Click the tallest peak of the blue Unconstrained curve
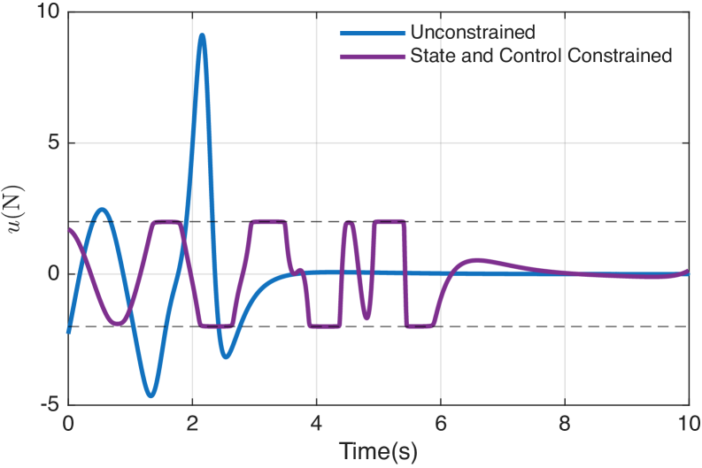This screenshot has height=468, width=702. coord(203,35)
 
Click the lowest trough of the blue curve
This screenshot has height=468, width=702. coord(151,395)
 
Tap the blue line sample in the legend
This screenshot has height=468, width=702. coord(372,34)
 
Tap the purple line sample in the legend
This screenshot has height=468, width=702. coord(372,55)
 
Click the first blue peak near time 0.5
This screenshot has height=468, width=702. coord(102,210)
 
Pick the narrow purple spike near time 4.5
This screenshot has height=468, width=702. coord(349,223)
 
